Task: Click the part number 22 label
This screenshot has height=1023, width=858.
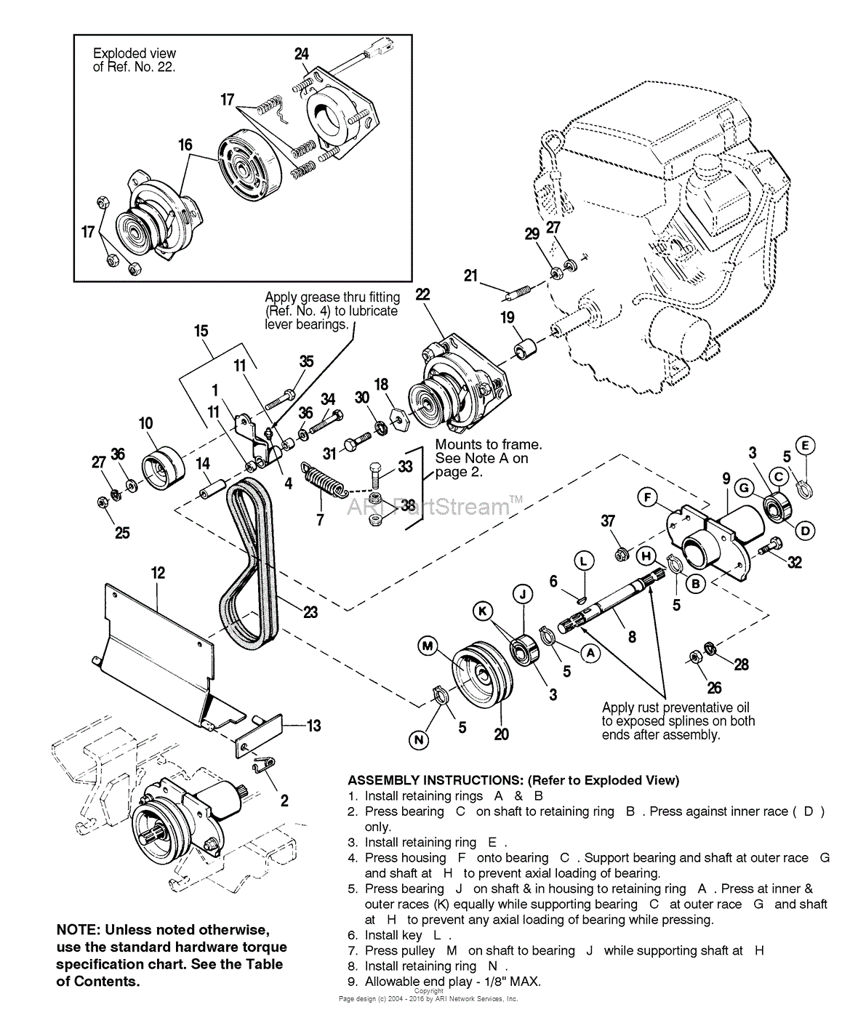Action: coord(422,294)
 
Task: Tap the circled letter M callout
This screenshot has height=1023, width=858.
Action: coord(428,645)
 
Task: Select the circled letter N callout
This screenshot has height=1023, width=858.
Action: coord(419,741)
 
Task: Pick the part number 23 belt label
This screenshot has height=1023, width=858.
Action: coord(310,612)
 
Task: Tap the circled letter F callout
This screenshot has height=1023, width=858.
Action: coord(647,498)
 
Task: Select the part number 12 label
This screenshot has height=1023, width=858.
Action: coord(158,572)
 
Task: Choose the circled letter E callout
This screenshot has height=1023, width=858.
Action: coord(805,445)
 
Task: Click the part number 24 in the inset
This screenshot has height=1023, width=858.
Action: coord(302,54)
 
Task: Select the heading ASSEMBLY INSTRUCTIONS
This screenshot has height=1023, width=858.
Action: coord(513,780)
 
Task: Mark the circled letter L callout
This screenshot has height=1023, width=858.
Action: coord(583,561)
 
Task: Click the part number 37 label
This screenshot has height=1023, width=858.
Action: coord(608,521)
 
